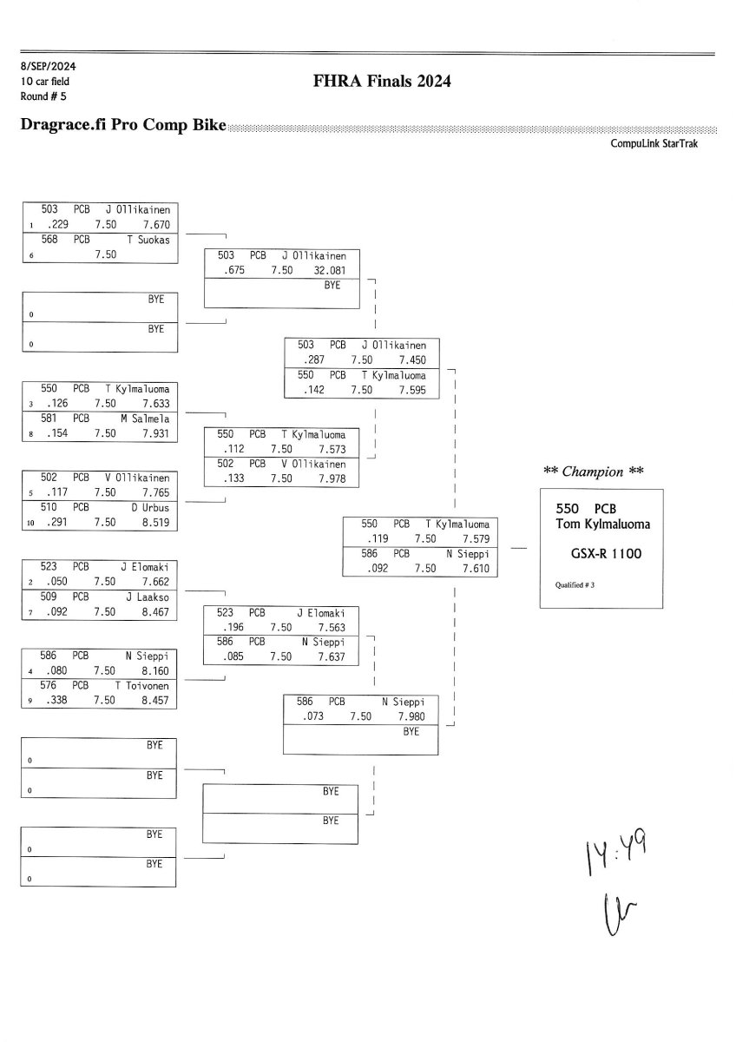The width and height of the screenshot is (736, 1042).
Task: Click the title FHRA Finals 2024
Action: (383, 82)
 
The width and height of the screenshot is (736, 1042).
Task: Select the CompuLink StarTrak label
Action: (654, 143)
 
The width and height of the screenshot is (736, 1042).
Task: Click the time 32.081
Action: (332, 270)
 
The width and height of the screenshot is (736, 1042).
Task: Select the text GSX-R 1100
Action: (606, 553)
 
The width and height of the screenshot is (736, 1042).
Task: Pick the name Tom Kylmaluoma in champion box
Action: (601, 524)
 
